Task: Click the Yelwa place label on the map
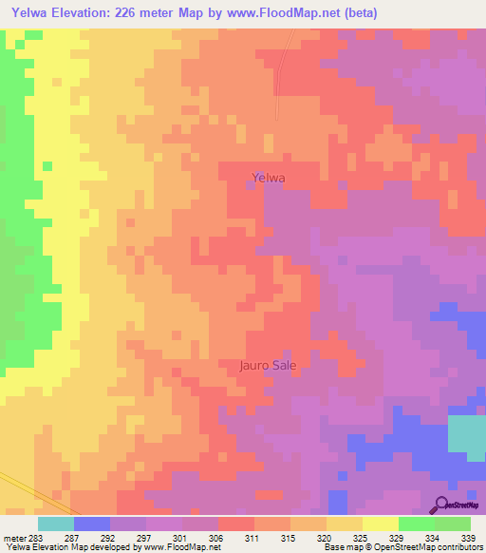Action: (269, 177)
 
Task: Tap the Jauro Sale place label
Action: (267, 364)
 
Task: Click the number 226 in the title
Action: (134, 13)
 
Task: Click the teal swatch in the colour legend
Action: (55, 524)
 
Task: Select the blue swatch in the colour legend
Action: (92, 524)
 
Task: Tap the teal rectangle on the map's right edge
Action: (465, 433)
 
